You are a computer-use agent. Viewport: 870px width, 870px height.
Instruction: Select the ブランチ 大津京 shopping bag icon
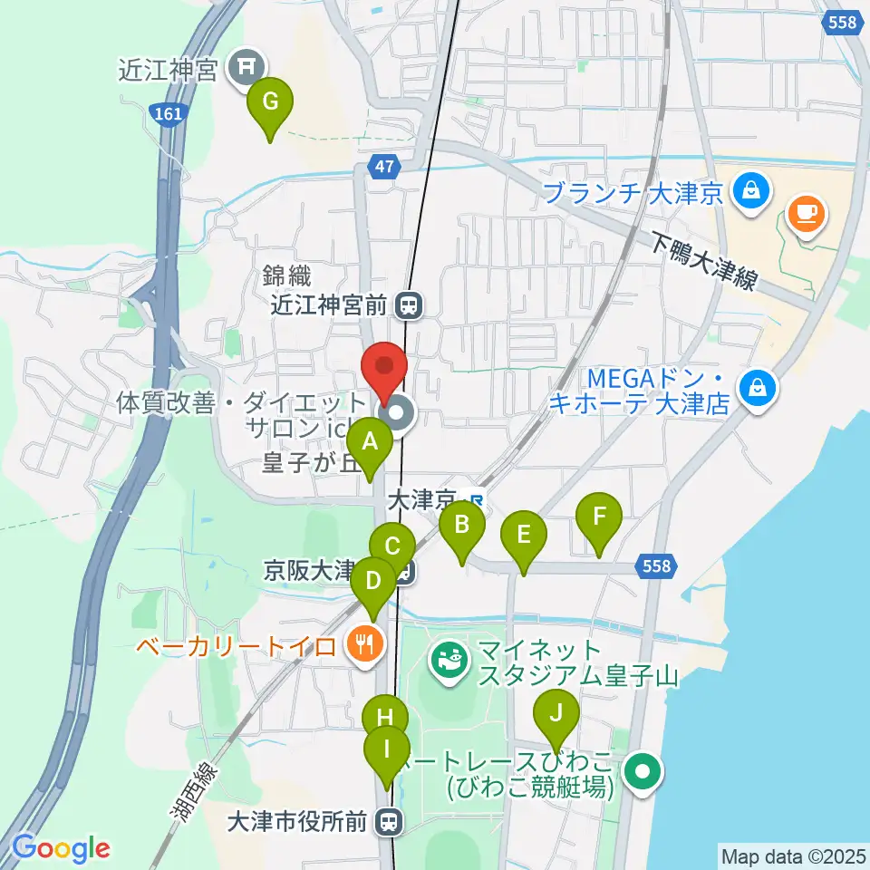752,190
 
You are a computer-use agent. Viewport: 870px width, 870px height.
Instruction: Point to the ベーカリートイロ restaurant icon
365,644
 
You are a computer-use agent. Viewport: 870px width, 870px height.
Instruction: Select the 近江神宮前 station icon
411,305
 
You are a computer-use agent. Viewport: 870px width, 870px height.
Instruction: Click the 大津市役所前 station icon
390,821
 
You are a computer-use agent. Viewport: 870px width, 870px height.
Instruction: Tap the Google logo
61,848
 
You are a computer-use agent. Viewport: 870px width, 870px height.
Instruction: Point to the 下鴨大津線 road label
703,260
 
